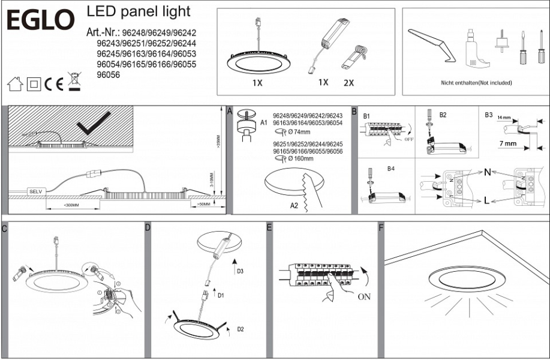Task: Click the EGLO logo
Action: click(x=41, y=20)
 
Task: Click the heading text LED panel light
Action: click(x=139, y=11)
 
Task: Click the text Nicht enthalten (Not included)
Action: click(x=476, y=82)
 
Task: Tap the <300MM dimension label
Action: click(x=71, y=205)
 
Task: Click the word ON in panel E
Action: click(x=363, y=296)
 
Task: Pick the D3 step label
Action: click(x=240, y=271)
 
